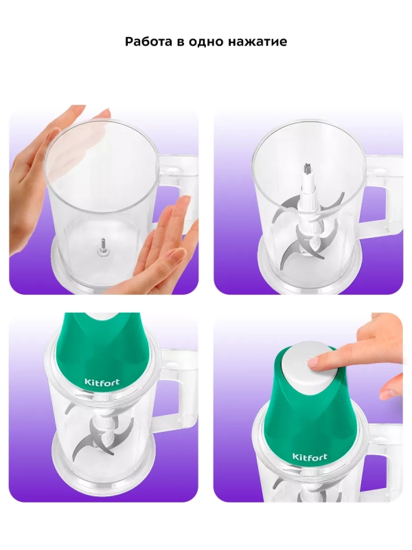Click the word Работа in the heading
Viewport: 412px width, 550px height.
pyautogui.click(x=150, y=41)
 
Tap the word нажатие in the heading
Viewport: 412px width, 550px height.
pyautogui.click(x=257, y=42)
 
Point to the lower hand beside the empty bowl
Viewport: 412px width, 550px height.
pyautogui.click(x=165, y=245)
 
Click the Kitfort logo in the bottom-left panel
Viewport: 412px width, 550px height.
pyautogui.click(x=102, y=382)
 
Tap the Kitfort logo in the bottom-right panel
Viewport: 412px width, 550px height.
pyautogui.click(x=310, y=456)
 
